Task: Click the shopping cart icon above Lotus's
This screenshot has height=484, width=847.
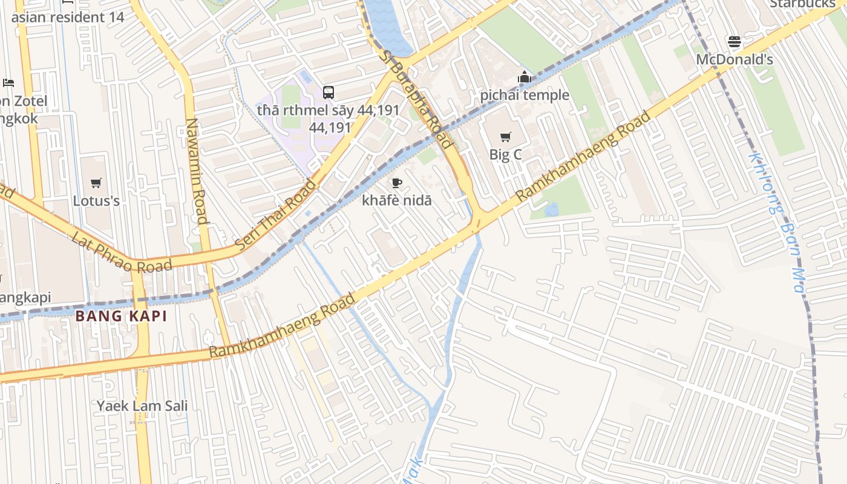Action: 96,183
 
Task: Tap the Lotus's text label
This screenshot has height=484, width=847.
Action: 96,200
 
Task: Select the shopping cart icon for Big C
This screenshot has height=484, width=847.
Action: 506,137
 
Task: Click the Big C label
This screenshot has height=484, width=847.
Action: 505,154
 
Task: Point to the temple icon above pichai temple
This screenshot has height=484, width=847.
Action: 525,77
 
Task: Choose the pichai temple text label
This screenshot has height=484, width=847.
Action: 525,95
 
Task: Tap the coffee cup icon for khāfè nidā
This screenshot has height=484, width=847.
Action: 397,183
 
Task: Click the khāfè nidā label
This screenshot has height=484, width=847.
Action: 397,200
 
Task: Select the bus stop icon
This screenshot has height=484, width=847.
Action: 329,93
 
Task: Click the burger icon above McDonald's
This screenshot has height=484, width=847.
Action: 734,42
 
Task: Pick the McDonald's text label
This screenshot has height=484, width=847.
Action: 734,59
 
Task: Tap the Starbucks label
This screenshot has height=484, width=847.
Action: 802,4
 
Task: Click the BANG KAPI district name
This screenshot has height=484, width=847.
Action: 121,316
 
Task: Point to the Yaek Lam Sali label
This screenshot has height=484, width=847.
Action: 142,406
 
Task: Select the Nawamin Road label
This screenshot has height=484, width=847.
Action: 197,171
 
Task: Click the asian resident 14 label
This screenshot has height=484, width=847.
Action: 68,17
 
